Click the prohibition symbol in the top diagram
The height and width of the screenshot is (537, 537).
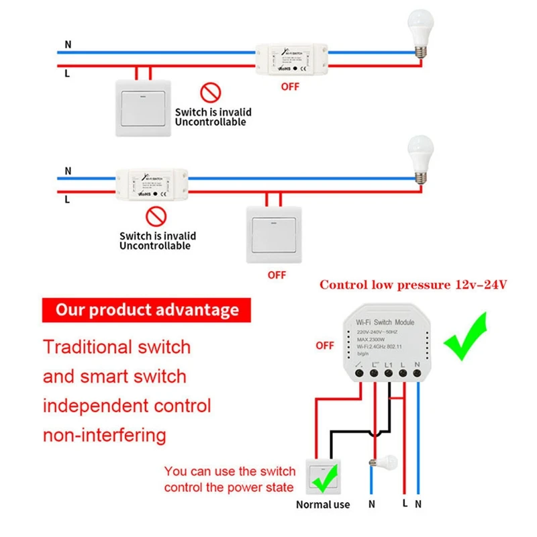point(211,93)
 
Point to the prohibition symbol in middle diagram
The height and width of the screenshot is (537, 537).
point(156,216)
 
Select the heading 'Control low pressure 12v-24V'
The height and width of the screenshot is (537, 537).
point(413,285)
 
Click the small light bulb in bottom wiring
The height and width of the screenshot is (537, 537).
point(383,462)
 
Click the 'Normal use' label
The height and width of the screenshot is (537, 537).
point(323,504)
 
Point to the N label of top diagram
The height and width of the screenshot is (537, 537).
point(68,45)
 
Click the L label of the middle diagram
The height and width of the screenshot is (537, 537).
point(68,199)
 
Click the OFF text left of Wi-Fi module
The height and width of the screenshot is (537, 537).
point(325,346)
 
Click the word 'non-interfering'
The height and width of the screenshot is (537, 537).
point(105,435)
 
